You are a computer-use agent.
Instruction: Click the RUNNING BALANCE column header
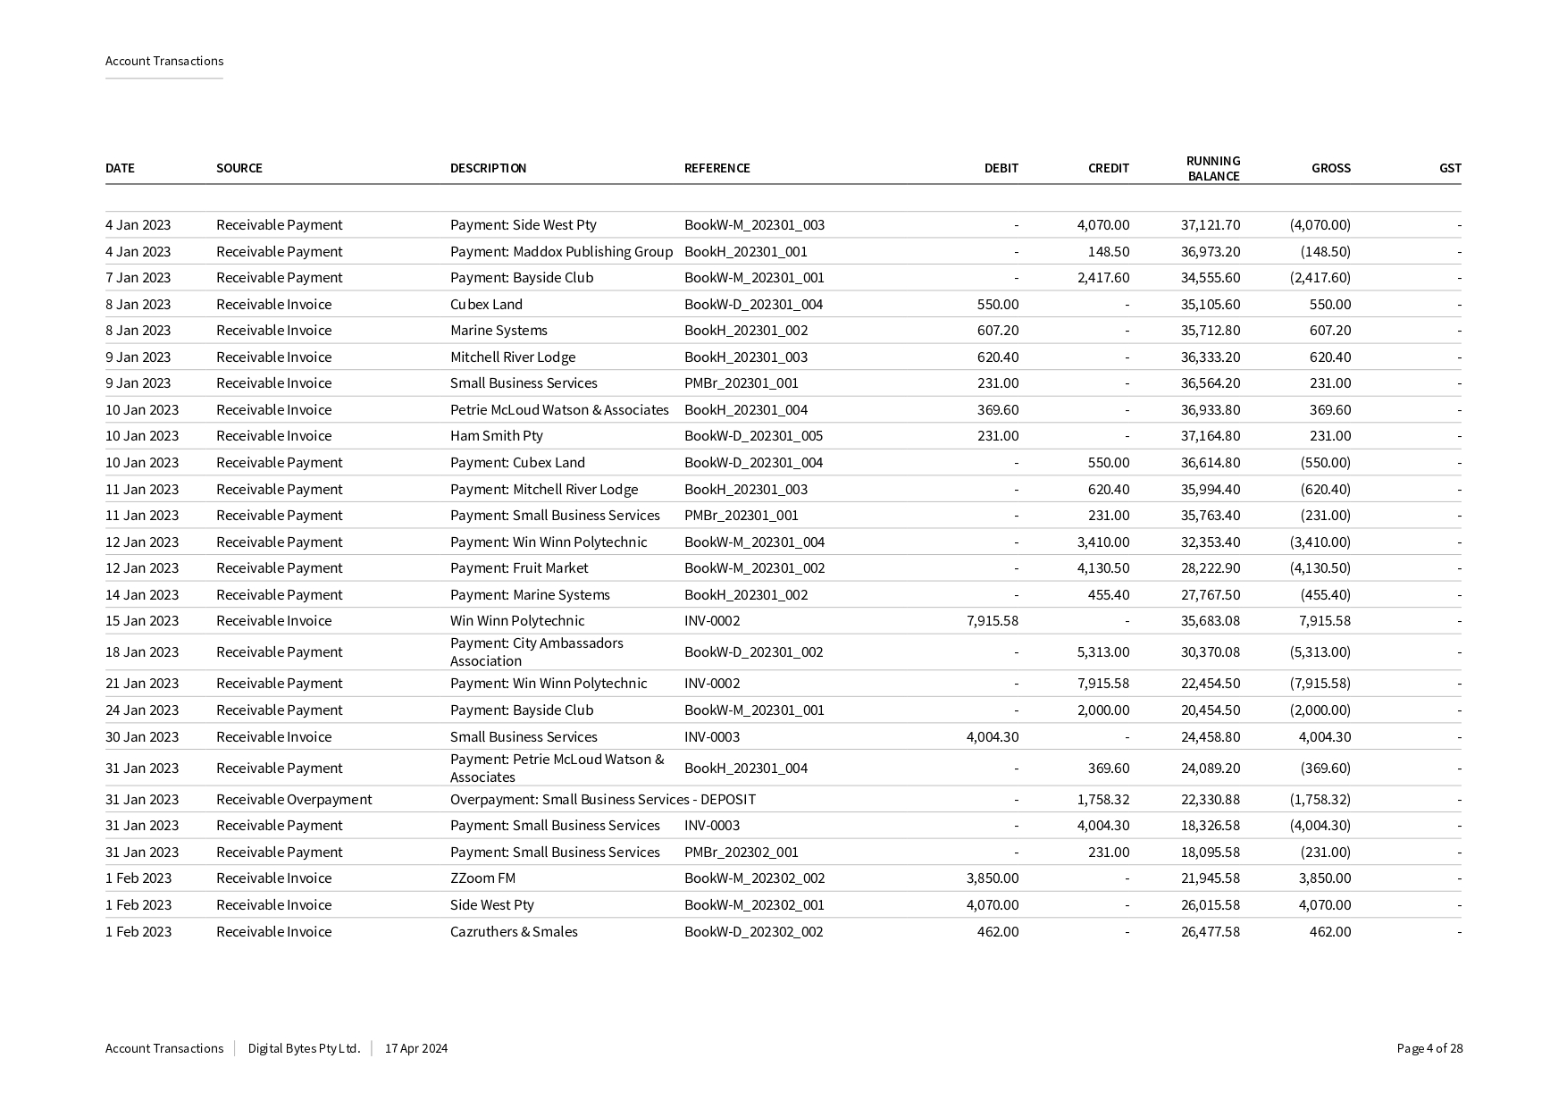[x=1212, y=168]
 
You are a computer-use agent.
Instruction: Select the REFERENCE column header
[x=716, y=168]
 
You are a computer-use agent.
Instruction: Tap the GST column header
[x=1449, y=168]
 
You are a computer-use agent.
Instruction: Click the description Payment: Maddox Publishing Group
[x=561, y=251]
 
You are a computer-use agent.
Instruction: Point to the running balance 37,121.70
[x=1210, y=225]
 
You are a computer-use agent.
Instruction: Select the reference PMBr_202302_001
[x=741, y=852]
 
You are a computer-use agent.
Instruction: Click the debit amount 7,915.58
[x=992, y=620]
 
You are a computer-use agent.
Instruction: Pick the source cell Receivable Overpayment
[x=294, y=799]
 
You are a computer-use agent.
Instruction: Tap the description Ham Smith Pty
[x=496, y=435]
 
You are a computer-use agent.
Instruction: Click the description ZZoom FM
[x=482, y=878]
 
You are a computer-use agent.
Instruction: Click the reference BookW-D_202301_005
[x=753, y=435]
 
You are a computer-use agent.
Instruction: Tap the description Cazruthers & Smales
[x=514, y=931]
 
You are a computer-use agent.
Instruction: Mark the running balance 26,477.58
[x=1210, y=931]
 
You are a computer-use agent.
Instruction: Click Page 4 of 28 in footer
[x=1429, y=1048]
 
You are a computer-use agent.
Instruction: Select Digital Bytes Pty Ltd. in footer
[x=304, y=1048]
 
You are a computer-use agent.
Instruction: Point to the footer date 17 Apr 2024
[x=416, y=1048]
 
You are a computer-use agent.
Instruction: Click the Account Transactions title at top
[x=164, y=61]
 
